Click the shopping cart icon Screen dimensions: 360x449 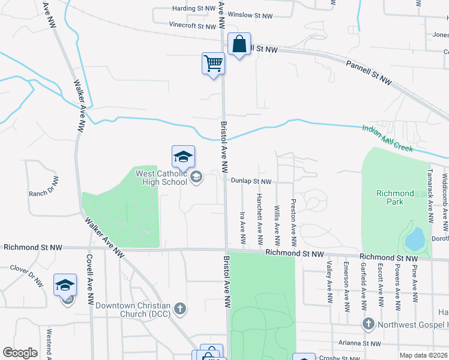(x=213, y=62)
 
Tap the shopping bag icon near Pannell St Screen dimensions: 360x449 (x=239, y=44)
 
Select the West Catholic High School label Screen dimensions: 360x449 (x=161, y=178)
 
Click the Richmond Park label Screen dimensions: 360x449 (x=395, y=197)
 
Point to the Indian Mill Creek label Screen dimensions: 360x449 (x=387, y=138)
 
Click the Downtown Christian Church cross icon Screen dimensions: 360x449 (x=179, y=309)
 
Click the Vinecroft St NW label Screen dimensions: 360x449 (x=192, y=26)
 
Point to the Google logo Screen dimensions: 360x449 (x=20, y=353)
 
